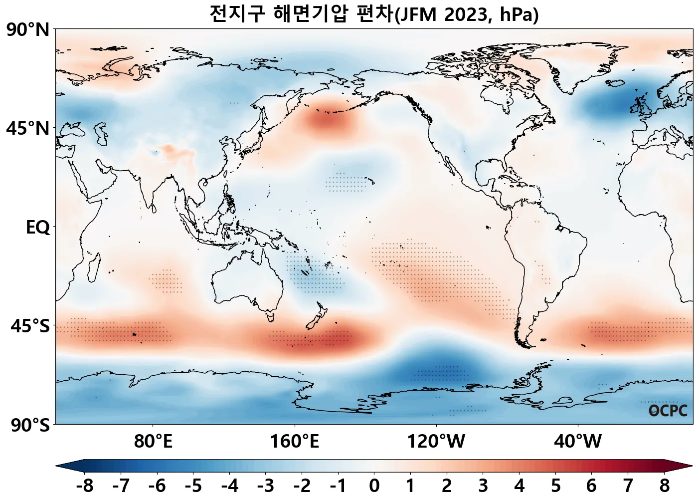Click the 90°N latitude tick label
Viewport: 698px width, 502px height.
(28, 30)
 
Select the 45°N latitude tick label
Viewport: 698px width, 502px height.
(28, 129)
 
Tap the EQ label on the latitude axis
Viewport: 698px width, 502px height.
(38, 228)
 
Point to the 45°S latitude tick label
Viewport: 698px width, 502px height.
(30, 326)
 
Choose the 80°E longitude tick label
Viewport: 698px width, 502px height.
(153, 442)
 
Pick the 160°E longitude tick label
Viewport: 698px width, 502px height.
(295, 442)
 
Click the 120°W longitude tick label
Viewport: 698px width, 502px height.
(436, 442)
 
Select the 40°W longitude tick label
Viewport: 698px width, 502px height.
(578, 442)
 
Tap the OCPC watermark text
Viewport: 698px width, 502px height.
(668, 411)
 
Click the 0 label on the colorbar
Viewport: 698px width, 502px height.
(374, 486)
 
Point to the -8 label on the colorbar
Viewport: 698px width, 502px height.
(84, 486)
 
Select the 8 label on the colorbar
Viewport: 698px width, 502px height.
(665, 486)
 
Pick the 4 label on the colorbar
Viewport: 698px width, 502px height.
(520, 486)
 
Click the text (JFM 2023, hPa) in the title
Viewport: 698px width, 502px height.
(467, 15)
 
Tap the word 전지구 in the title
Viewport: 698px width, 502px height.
(237, 14)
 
